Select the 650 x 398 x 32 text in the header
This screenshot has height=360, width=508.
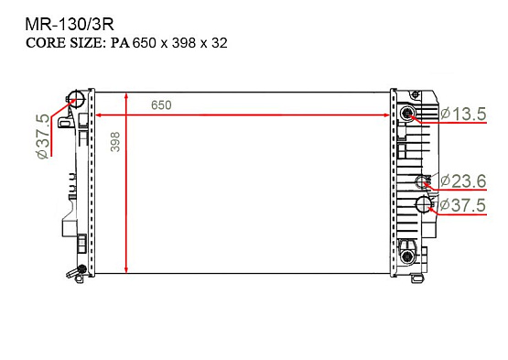click(179, 42)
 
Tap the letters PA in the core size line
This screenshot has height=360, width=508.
click(120, 42)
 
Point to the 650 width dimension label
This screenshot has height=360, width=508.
click(161, 105)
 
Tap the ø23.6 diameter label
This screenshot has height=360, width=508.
click(464, 180)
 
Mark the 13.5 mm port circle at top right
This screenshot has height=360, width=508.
click(408, 114)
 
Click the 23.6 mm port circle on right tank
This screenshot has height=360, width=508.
click(423, 180)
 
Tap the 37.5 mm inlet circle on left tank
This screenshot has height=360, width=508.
click(79, 100)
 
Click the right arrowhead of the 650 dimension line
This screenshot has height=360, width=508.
click(387, 115)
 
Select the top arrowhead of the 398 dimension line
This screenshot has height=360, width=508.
click(126, 97)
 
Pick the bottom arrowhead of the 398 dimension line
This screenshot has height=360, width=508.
click(126, 268)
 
